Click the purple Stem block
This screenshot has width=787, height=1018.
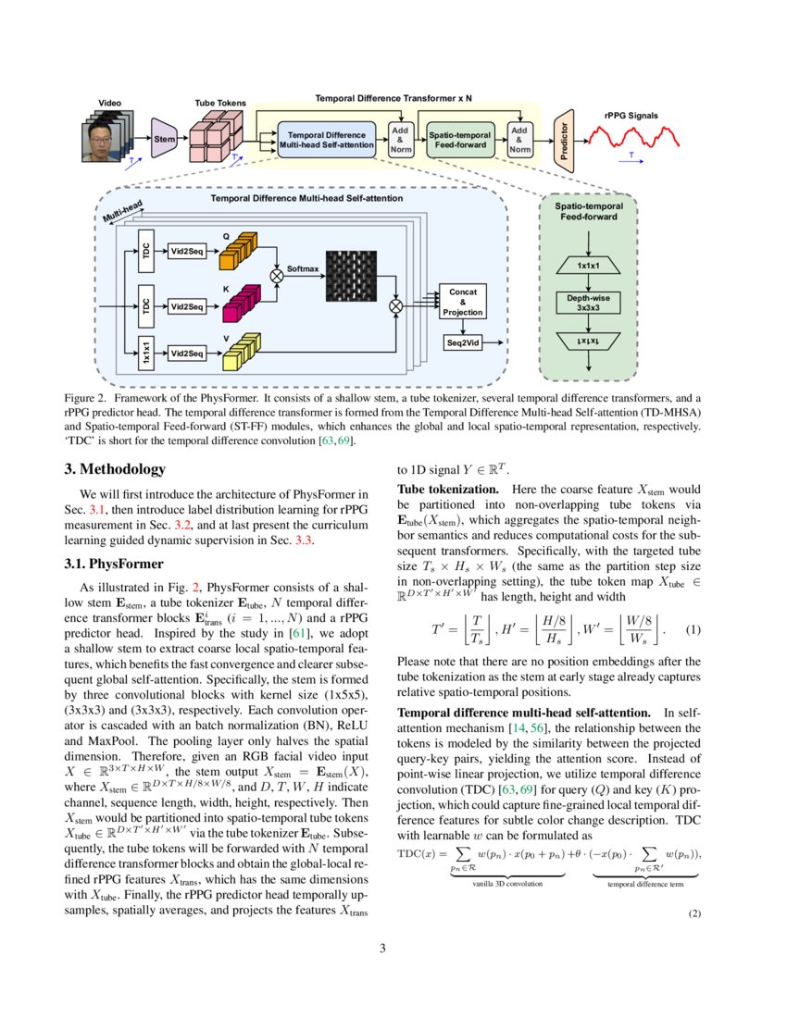[x=165, y=138]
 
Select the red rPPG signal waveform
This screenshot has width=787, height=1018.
[x=638, y=139]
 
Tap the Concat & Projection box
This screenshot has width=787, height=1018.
[x=462, y=302]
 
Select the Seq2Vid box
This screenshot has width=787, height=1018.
[x=462, y=343]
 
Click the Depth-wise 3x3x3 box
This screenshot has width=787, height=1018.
[x=587, y=303]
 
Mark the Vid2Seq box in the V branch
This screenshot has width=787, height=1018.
[x=186, y=354]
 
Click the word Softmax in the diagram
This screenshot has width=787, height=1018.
[x=302, y=268]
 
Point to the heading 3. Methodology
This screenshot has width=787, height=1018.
[x=123, y=469]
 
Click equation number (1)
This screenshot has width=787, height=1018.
[x=693, y=630]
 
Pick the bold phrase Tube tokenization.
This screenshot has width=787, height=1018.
[x=447, y=488]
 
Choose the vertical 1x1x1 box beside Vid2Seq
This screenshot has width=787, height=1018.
[x=145, y=354]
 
